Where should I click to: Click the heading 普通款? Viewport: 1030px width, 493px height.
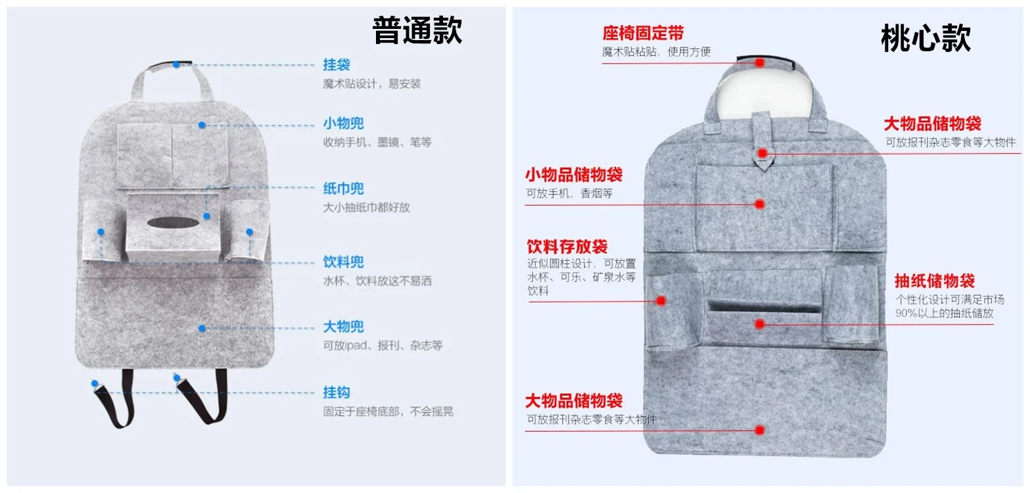pos(417,30)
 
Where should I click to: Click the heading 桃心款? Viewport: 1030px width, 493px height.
pos(925,38)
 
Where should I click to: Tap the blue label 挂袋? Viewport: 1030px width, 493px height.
pos(337,64)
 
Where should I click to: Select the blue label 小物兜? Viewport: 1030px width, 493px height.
pos(344,124)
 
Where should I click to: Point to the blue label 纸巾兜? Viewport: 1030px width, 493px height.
pos(344,189)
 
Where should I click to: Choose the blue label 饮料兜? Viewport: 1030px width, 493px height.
pos(344,262)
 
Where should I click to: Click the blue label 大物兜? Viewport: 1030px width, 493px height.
pos(344,327)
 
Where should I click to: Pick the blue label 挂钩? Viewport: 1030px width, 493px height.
pos(337,392)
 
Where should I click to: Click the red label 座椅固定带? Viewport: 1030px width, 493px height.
pos(643,33)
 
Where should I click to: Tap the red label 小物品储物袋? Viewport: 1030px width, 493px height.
pos(574,175)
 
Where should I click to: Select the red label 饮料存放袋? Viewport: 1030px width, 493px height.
pos(567,247)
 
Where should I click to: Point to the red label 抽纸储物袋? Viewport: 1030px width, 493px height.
pos(934,281)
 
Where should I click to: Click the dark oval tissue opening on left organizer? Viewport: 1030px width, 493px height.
pos(173,223)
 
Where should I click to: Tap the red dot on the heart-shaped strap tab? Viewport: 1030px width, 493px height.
pos(763,153)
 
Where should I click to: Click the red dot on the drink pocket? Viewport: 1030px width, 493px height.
pos(661,301)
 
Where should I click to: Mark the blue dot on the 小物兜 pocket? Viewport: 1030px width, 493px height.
pos(202,125)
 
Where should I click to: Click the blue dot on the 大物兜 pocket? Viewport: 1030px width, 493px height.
pos(202,329)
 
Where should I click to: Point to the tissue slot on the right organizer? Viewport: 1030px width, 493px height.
pos(764,306)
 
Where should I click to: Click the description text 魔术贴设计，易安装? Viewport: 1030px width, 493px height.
pos(371,83)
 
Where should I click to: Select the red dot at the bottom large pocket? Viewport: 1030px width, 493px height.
pos(760,431)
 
